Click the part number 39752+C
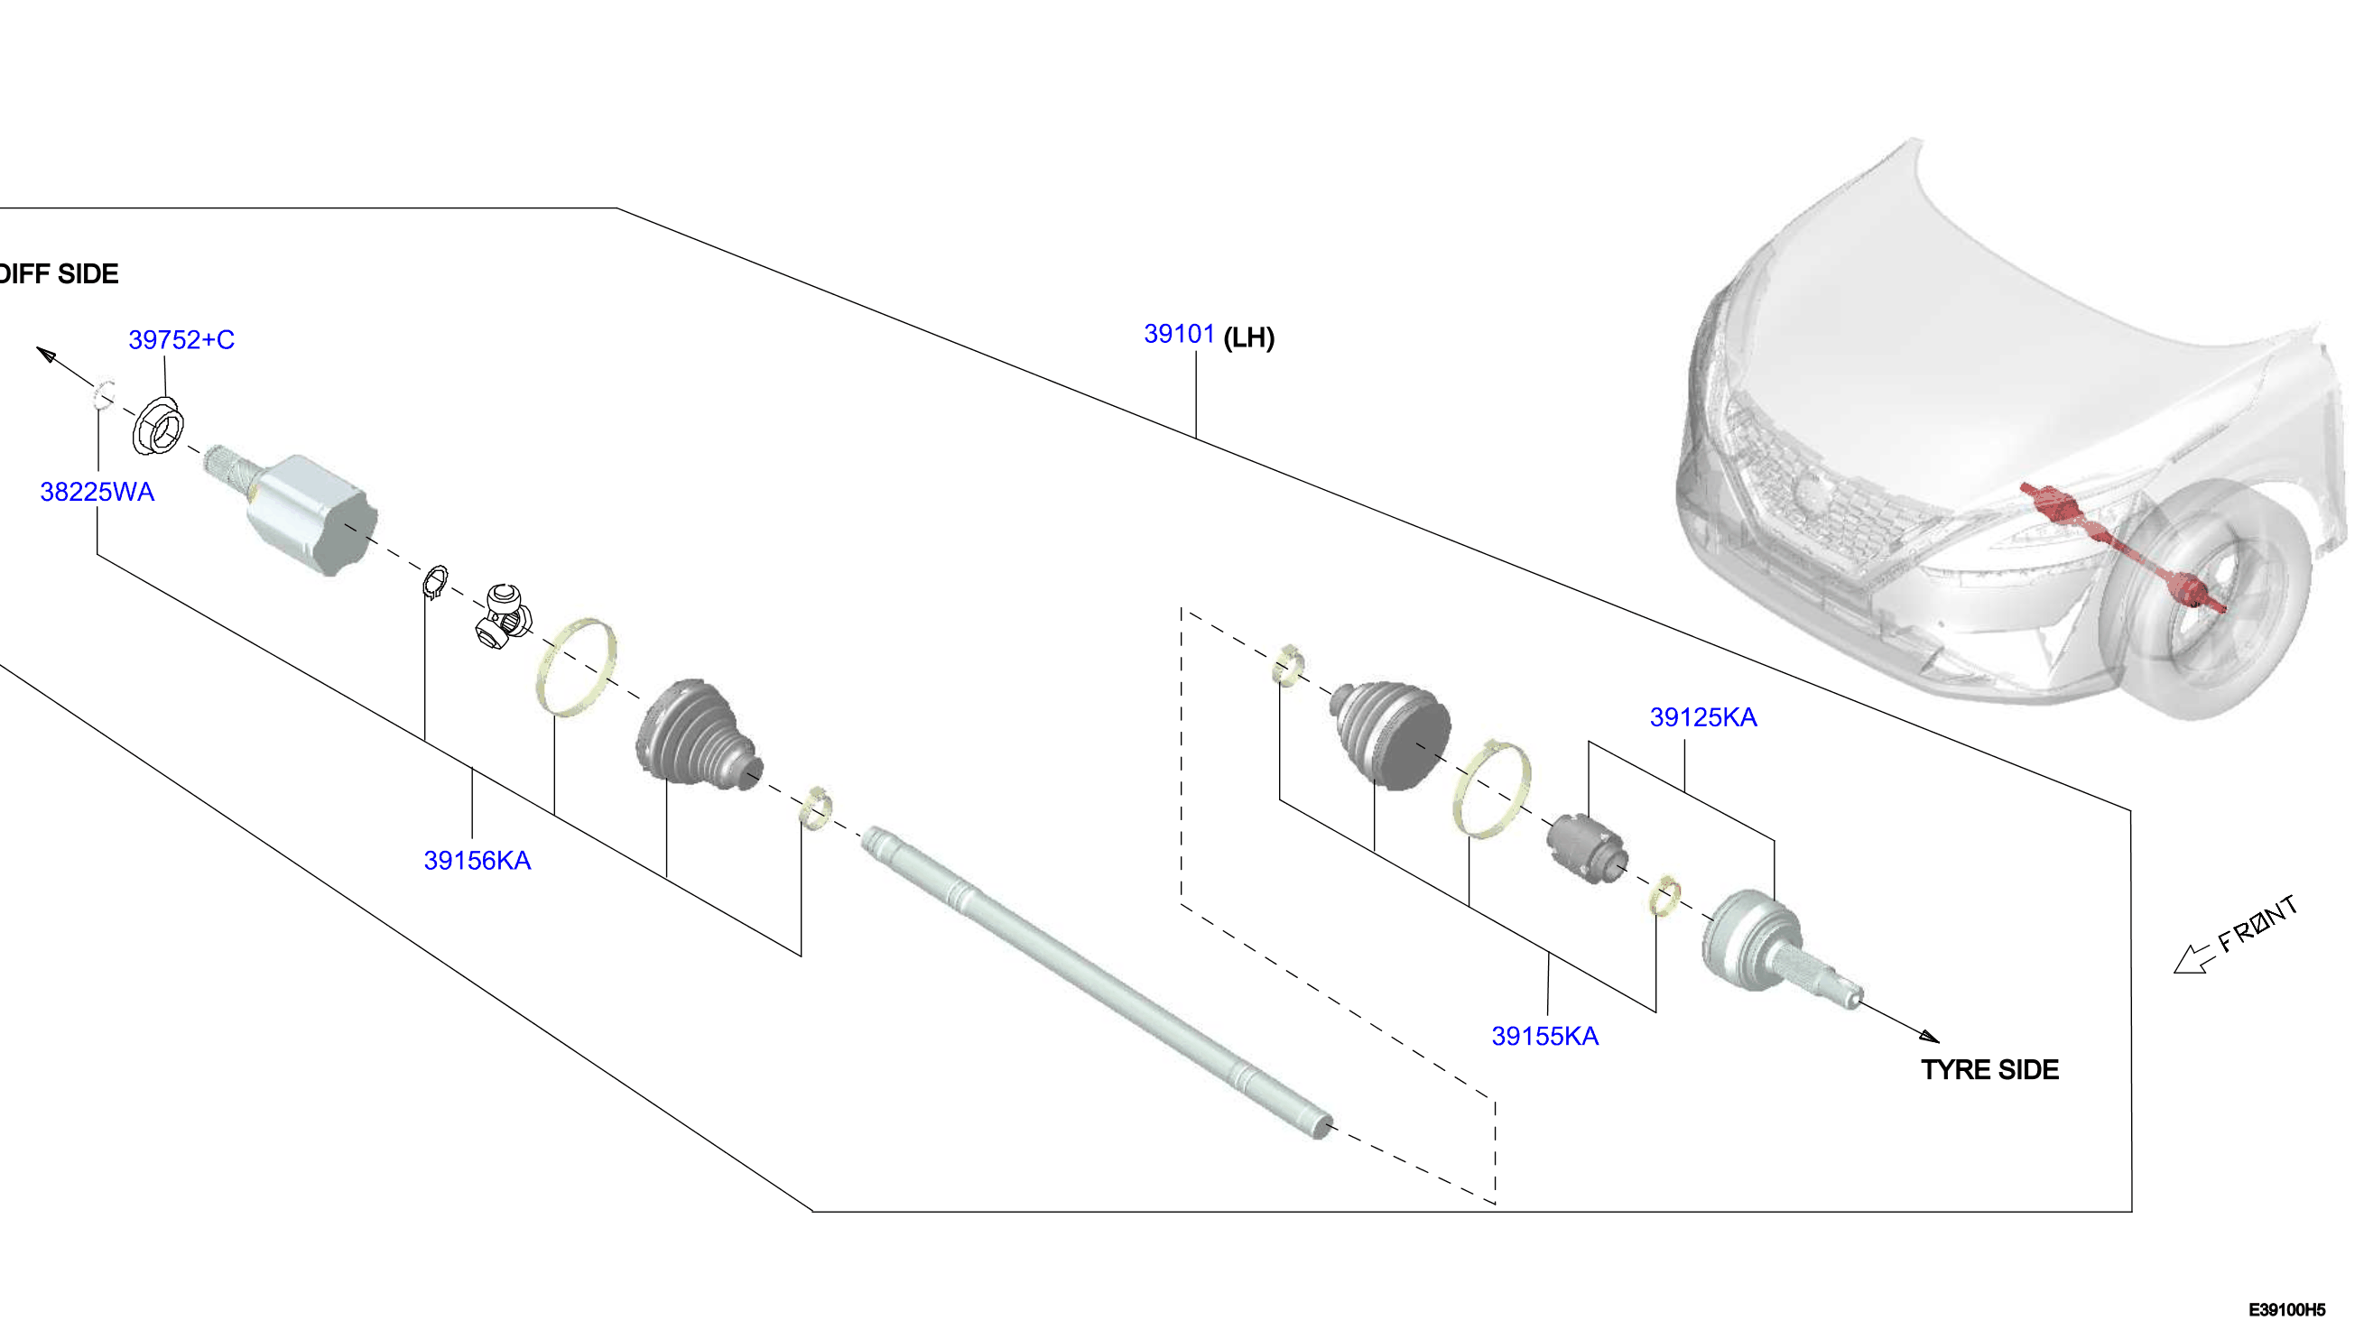181,339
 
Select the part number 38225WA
97,492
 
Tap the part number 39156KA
477,861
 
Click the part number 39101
1178,334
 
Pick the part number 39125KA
1702,717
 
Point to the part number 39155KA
1544,1037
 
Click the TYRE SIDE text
1989,1069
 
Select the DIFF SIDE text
59,274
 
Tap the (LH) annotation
1249,337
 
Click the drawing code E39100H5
2286,1309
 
